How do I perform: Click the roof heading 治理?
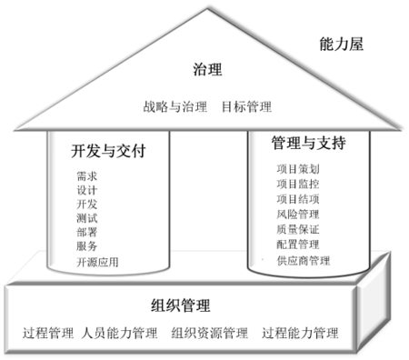[207, 70]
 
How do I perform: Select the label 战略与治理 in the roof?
[175, 106]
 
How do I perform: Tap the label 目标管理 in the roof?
[246, 106]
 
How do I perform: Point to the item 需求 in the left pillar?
[88, 175]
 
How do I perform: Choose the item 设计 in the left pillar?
[88, 190]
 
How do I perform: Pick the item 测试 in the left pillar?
[88, 218]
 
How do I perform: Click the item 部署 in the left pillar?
[88, 232]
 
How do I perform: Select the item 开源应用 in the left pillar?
[97, 263]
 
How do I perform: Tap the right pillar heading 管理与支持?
[308, 145]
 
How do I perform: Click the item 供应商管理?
[303, 261]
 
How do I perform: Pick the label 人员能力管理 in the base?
[119, 332]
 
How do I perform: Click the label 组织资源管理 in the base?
[208, 332]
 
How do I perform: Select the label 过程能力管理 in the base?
[299, 332]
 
